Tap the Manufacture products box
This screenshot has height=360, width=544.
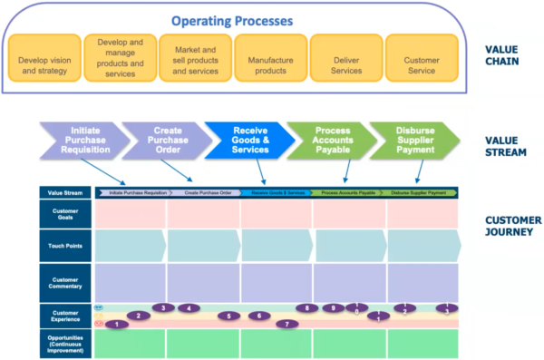point(270,61)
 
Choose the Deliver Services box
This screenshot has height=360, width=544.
point(345,61)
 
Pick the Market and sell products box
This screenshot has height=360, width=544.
point(195,61)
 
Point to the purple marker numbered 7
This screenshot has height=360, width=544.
point(287,324)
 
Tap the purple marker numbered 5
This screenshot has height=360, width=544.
point(228,316)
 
